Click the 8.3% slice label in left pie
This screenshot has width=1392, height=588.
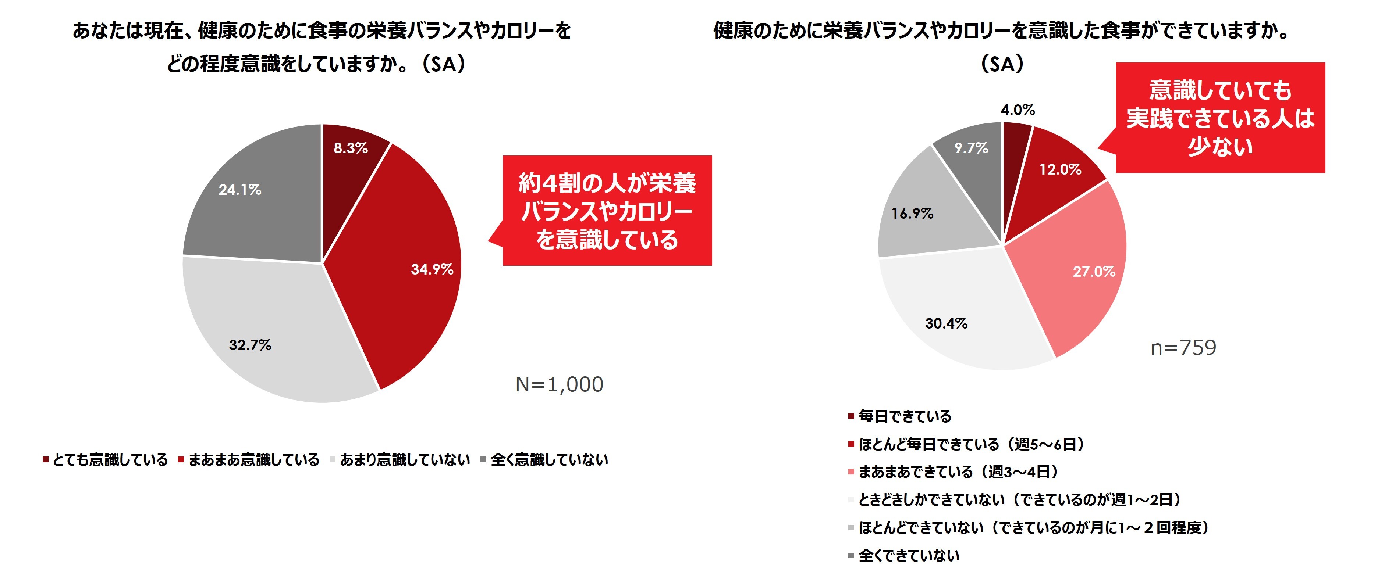point(351,148)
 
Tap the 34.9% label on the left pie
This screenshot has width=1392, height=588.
point(432,269)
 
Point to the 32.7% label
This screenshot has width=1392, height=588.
point(250,345)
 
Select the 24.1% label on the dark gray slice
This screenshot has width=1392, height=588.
point(240,190)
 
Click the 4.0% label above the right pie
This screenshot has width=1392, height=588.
point(1018,110)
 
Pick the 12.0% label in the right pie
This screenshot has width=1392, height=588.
point(1060,169)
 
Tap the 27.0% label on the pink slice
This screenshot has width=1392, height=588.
point(1094,272)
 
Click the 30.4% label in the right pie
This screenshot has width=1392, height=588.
point(946,323)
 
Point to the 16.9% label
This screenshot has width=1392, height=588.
point(912,214)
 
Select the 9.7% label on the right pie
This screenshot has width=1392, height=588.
point(971,148)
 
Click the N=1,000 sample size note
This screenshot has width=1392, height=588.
point(559,384)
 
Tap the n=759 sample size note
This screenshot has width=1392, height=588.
point(1183,348)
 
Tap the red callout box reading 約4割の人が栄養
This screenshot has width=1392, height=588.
point(607,211)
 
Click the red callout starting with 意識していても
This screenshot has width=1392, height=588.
point(1220,118)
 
